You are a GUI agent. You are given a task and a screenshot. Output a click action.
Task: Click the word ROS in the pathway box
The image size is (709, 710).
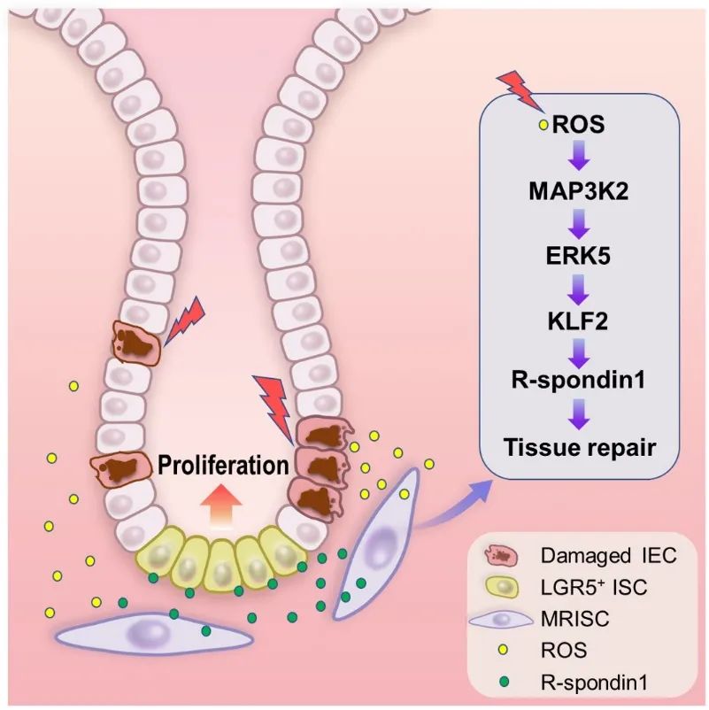[579, 123]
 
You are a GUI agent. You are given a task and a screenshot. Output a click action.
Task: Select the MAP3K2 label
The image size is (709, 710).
[580, 189]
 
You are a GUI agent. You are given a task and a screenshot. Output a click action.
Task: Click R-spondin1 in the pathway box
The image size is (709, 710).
[580, 382]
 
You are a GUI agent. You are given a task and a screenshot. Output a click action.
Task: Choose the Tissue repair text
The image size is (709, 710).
[580, 446]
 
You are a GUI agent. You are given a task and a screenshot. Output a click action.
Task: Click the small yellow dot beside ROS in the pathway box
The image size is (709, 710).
[543, 126]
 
